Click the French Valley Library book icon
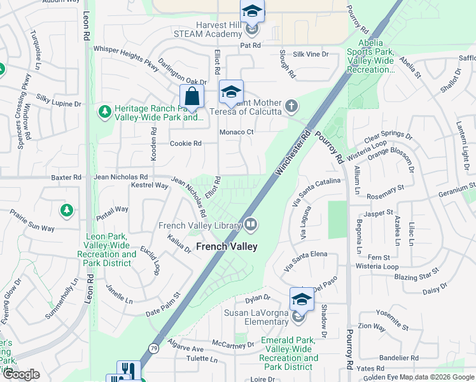[251, 224]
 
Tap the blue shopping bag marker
[192, 98]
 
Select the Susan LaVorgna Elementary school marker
[301, 299]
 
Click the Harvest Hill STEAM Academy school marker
[252, 11]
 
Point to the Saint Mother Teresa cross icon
[291, 106]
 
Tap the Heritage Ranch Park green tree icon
[104, 112]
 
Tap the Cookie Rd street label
[185, 143]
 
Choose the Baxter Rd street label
[66, 177]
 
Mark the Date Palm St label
[164, 304]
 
